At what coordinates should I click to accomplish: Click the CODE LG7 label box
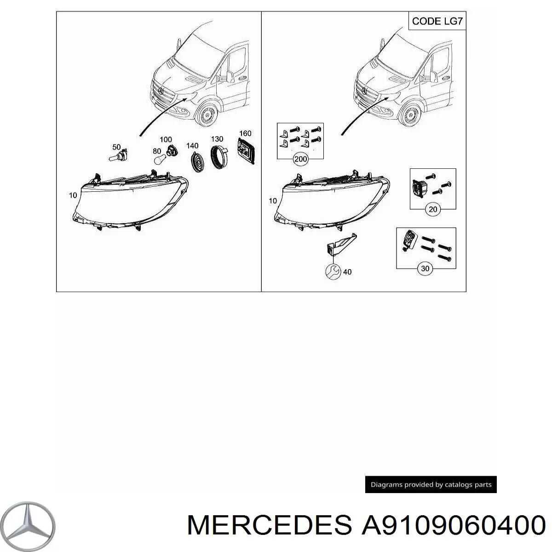coord(437,21)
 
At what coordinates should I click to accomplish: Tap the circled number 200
coord(300,160)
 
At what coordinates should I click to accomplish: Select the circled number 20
coord(433,210)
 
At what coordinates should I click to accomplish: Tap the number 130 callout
coord(217,139)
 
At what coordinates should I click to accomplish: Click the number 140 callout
coord(192,146)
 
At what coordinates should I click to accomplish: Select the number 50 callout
coord(117,147)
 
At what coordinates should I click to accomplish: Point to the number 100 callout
coord(166,139)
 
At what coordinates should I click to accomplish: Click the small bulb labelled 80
coord(158,159)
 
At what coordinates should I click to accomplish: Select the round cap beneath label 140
coord(196,161)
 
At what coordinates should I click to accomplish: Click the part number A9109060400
coord(453,525)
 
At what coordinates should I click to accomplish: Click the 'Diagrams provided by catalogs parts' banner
coord(431,484)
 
